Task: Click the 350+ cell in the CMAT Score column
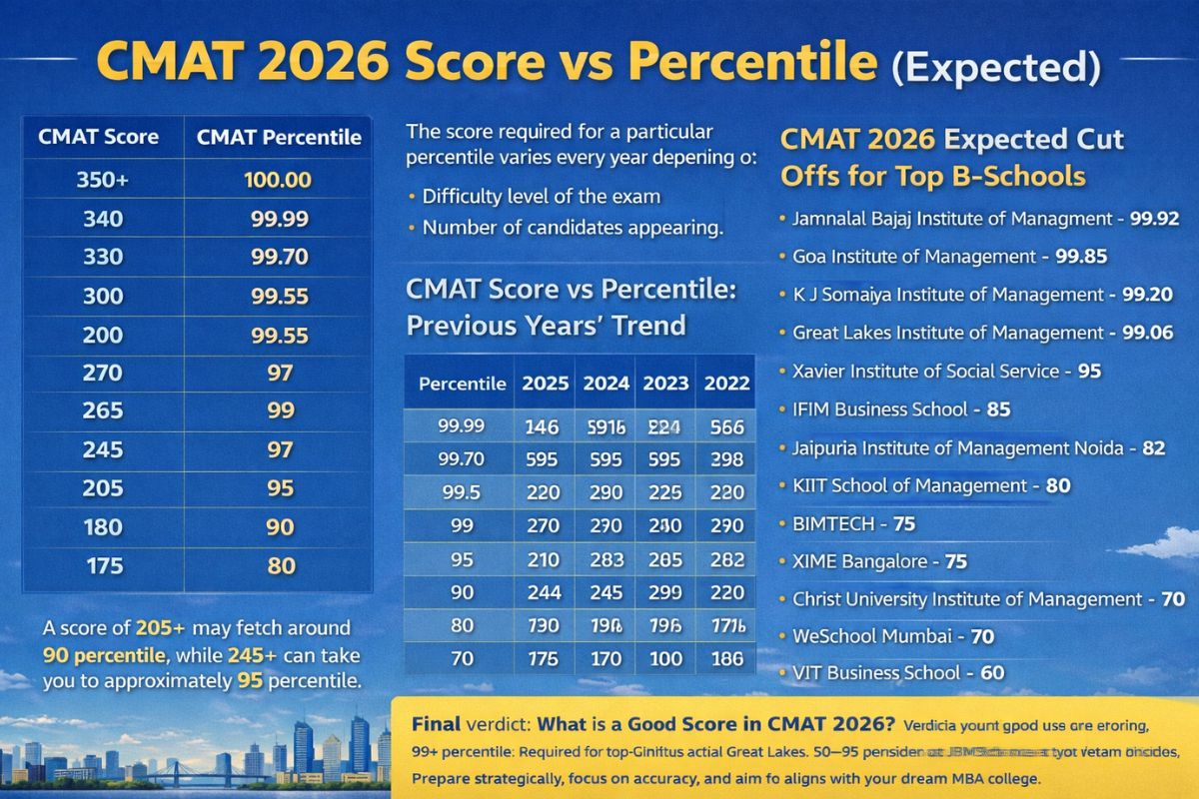click(99, 181)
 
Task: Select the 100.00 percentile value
click(279, 181)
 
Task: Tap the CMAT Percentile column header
click(279, 138)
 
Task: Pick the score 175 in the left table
click(99, 565)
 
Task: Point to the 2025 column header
click(546, 383)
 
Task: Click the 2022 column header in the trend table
click(727, 383)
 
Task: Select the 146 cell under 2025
click(542, 427)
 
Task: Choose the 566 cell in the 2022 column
click(725, 427)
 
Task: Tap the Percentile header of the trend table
click(461, 384)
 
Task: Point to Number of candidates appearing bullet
click(572, 228)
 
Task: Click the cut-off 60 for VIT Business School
click(992, 673)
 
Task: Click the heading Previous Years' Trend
click(546, 325)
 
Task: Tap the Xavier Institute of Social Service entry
click(925, 371)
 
